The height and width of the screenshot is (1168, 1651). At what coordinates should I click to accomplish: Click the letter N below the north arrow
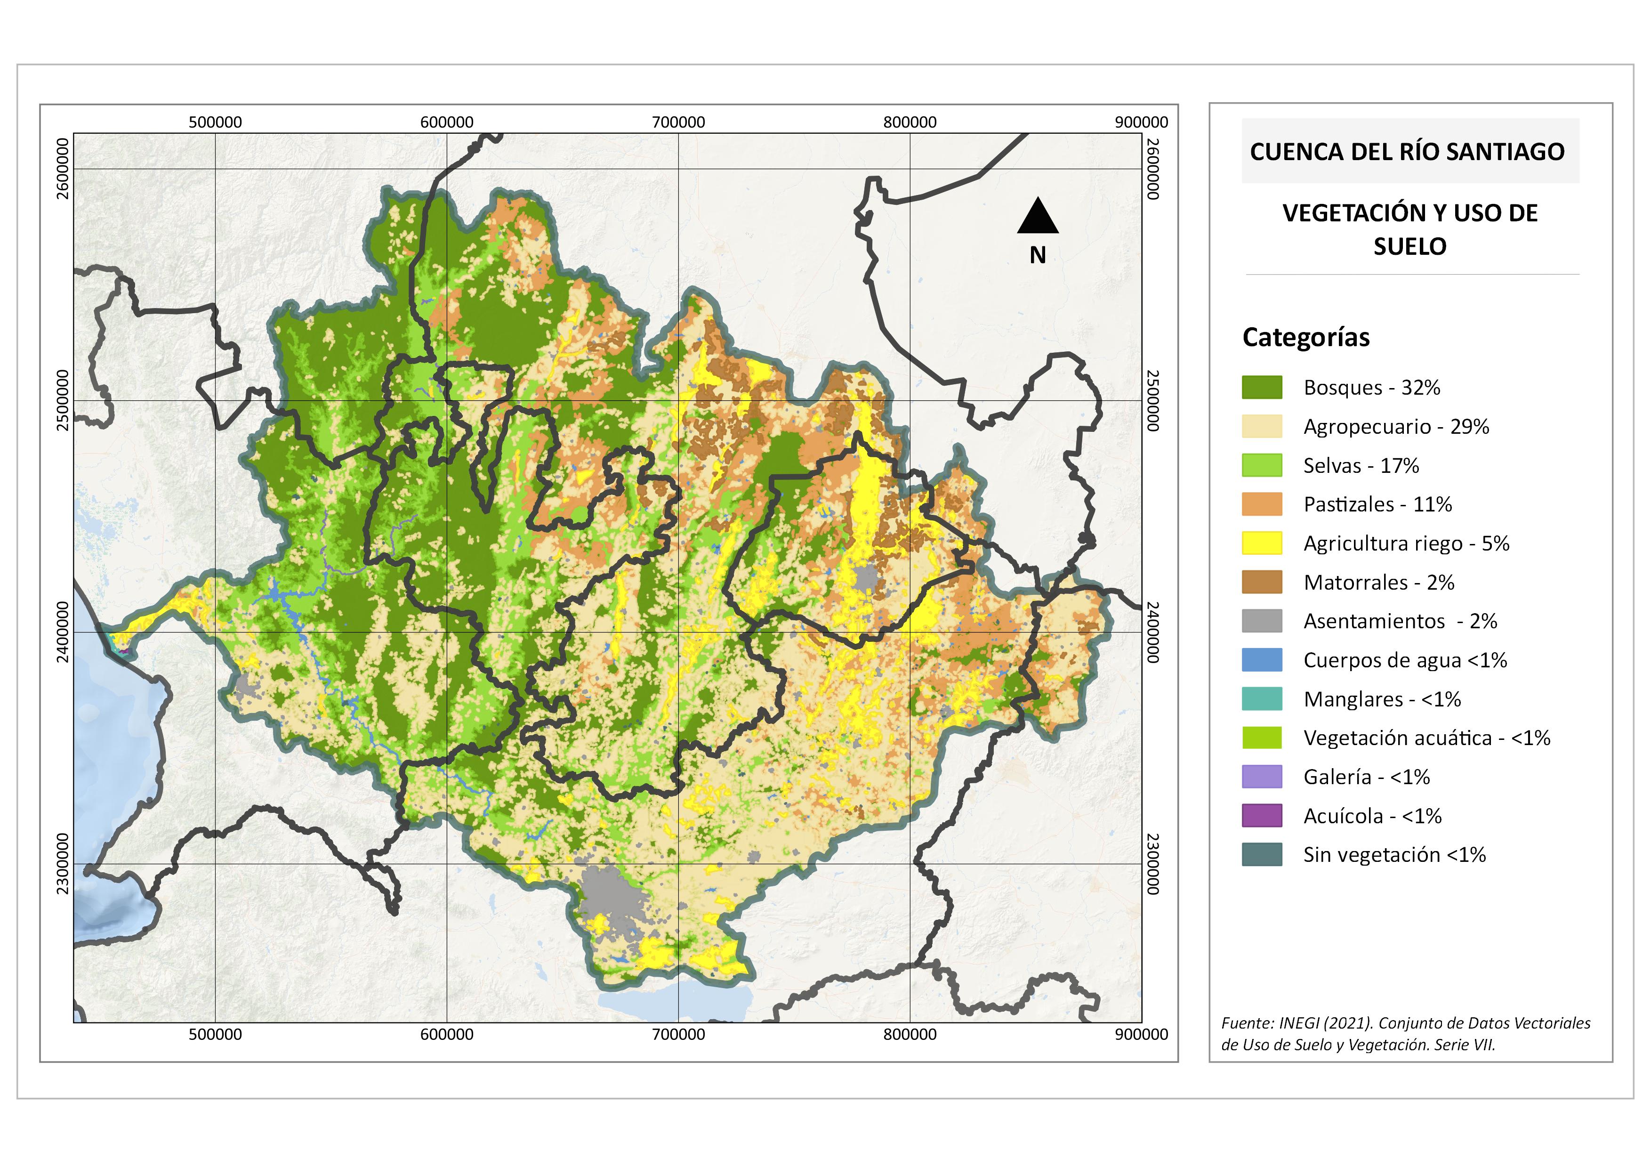coord(1037,255)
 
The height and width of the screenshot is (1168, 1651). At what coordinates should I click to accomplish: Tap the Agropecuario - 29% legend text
coord(1396,427)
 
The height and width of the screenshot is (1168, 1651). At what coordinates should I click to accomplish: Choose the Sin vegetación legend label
coord(1393,854)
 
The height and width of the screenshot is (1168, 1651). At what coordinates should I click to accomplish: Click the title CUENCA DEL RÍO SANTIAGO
coord(1407,152)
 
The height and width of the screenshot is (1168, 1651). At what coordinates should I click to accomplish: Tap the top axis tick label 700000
coord(678,122)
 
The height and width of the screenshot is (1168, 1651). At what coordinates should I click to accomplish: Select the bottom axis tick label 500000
coord(215,1034)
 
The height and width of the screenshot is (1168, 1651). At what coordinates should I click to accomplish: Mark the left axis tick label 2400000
coord(63,632)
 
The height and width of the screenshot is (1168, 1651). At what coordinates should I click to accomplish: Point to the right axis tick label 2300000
coord(1152,864)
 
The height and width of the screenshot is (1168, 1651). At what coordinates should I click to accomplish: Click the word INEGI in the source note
coord(1299,1023)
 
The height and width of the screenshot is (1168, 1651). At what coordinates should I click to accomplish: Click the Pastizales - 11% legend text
coord(1377,504)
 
